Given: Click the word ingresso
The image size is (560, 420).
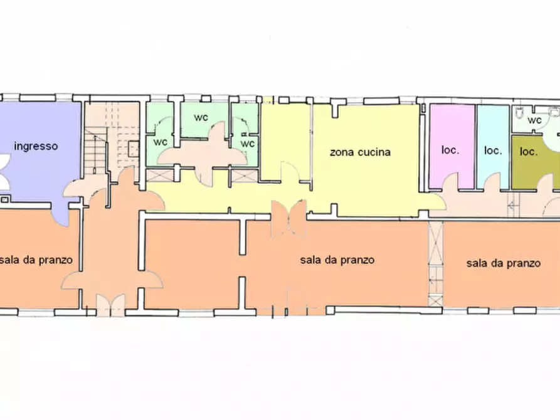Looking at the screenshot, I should pyautogui.click(x=36, y=146).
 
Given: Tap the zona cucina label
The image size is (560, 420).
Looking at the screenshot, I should pyautogui.click(x=361, y=152).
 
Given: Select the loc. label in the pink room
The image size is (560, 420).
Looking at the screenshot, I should pyautogui.click(x=450, y=150).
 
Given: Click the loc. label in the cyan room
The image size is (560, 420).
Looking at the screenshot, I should pyautogui.click(x=492, y=150).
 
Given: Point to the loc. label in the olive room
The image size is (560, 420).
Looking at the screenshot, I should pyautogui.click(x=529, y=151).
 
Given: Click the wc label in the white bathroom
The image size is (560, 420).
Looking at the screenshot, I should pyautogui.click(x=534, y=120).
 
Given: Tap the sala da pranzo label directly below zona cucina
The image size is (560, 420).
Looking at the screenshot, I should pyautogui.click(x=337, y=260).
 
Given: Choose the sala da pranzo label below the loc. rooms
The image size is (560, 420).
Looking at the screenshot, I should pyautogui.click(x=503, y=263).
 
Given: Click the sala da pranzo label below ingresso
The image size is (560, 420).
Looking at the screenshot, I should pyautogui.click(x=36, y=260).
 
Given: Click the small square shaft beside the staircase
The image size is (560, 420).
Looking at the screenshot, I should pyautogui.click(x=134, y=149).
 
